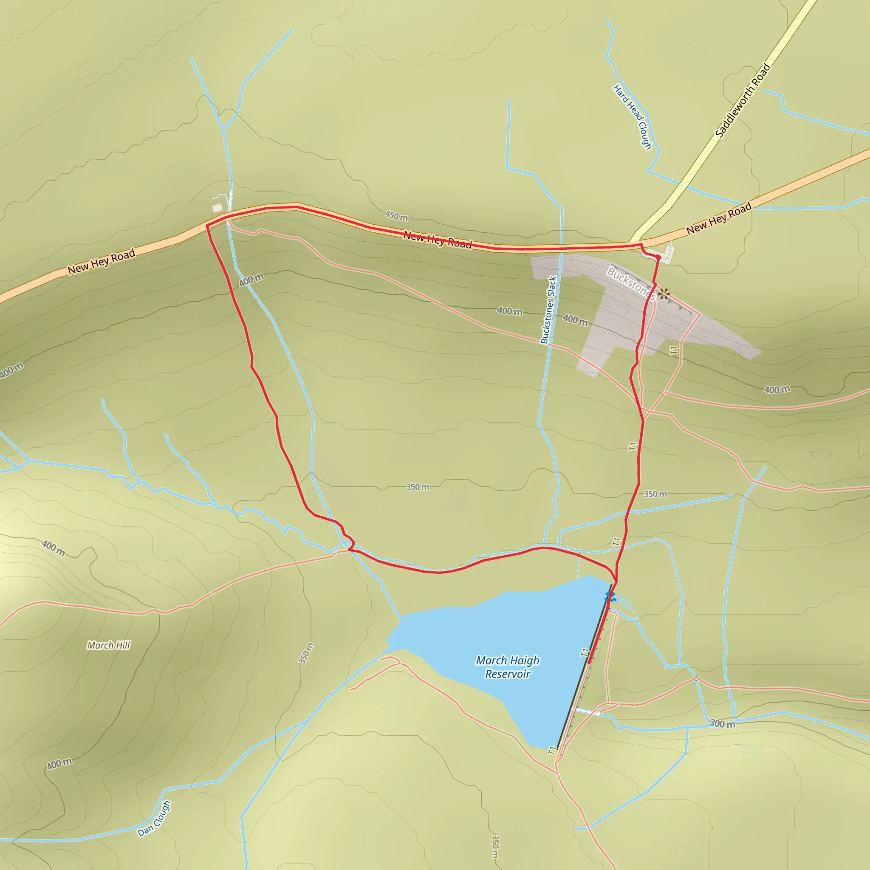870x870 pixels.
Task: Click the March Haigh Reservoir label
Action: point(508,667)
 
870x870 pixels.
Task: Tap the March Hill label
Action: point(108,645)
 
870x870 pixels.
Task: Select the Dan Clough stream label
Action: point(154,819)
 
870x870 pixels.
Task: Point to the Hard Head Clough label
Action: point(632,117)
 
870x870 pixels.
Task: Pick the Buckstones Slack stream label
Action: point(548,310)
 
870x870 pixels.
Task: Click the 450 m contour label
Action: point(396,216)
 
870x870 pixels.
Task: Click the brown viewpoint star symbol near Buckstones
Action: point(663,294)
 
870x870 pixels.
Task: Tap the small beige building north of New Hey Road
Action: point(217,208)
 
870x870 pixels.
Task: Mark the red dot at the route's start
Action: point(658,257)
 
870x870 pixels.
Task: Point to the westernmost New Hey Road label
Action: point(102,262)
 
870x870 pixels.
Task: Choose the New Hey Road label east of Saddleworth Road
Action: point(719,218)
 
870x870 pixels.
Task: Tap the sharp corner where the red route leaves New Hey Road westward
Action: point(207,226)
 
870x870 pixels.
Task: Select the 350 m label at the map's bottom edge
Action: point(495,847)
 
